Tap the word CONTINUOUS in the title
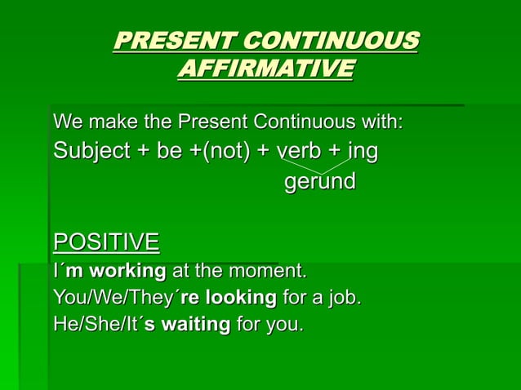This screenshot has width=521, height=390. click(x=332, y=40)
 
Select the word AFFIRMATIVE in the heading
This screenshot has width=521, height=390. click(x=265, y=68)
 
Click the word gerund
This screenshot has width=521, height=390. click(x=319, y=181)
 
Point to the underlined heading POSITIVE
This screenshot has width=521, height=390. click(x=106, y=242)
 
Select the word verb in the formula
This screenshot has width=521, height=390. click(x=299, y=152)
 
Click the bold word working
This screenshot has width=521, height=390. click(x=127, y=270)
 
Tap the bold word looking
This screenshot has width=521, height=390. click(x=232, y=297)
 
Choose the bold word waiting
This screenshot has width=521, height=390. click(x=195, y=325)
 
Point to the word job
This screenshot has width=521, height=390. click(x=342, y=298)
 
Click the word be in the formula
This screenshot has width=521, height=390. click(x=170, y=152)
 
